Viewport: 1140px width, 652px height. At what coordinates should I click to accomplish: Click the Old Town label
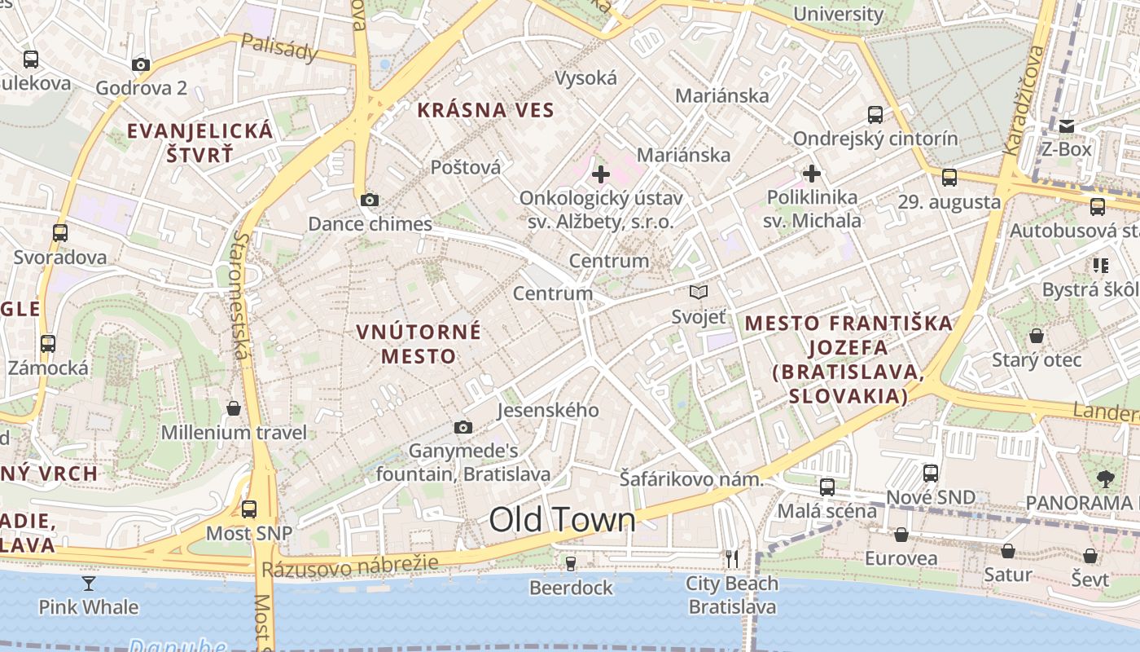pos(562,520)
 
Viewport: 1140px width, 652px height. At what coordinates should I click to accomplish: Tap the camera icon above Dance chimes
pos(369,200)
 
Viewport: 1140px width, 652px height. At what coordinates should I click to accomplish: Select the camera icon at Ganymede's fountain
pos(463,427)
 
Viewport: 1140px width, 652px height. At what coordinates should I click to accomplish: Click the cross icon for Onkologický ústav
pos(601,174)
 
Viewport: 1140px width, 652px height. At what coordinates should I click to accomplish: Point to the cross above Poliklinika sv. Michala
pos(811,174)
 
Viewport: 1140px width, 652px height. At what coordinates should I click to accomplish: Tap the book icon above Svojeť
pos(698,292)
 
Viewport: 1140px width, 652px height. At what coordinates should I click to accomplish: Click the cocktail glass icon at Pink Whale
pos(89,583)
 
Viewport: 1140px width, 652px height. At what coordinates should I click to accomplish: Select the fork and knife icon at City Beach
pos(732,558)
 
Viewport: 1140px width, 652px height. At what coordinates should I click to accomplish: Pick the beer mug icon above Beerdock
pos(571,563)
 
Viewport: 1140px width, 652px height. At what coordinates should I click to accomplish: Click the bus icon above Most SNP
pos(249,509)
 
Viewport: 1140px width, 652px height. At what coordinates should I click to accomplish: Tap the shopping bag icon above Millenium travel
pos(234,407)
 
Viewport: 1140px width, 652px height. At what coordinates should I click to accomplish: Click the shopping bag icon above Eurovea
pos(901,535)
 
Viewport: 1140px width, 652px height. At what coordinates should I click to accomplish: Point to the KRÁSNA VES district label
pos(485,110)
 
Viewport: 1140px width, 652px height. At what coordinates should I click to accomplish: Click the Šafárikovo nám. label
pos(691,479)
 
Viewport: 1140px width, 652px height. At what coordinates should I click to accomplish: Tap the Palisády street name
pos(279,49)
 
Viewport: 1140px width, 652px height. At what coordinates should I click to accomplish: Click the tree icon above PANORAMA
pos(1105,478)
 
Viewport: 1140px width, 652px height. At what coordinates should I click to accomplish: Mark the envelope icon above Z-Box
pos(1067,126)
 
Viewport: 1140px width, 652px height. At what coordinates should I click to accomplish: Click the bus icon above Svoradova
pos(60,233)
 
